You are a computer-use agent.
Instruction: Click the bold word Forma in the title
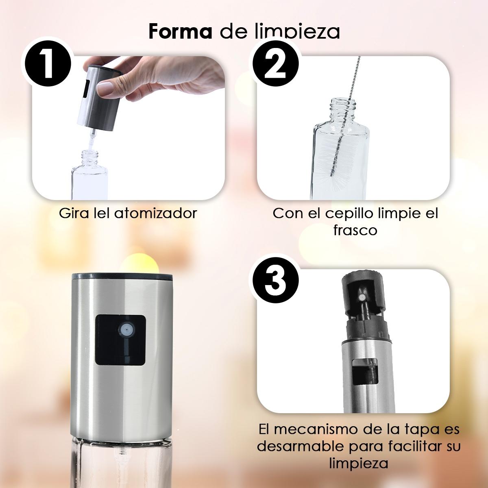(x=180, y=32)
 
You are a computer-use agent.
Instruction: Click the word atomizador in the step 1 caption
(x=155, y=213)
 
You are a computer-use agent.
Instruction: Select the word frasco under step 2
(x=355, y=230)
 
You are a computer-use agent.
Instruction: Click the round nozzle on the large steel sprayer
(x=125, y=330)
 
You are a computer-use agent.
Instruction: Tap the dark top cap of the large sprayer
(x=122, y=277)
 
